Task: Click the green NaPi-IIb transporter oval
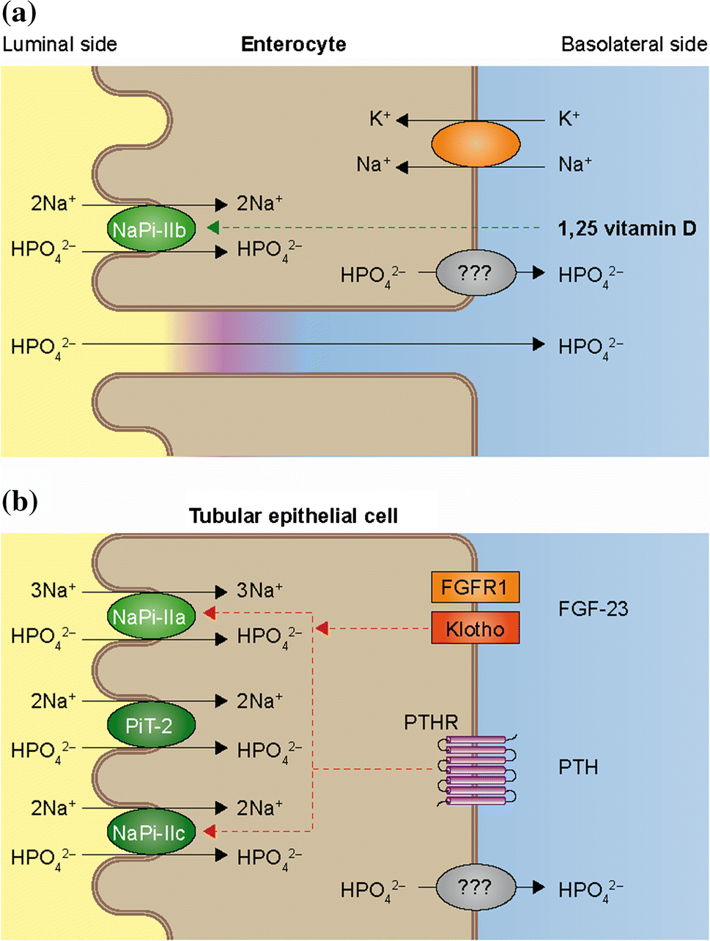point(149,230)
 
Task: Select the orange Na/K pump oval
point(476,144)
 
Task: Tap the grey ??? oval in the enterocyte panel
point(475,274)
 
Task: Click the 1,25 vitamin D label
point(626,228)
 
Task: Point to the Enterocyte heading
point(293,45)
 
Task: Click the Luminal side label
point(59,45)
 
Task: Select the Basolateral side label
point(633,45)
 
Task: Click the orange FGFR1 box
point(475,587)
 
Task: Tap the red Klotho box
point(475,628)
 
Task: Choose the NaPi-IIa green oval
point(149,617)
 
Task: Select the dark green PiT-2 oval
point(149,726)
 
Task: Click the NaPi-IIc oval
point(149,833)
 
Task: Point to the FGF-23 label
point(593,609)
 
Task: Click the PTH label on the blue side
point(578,767)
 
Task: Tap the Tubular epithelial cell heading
point(293,516)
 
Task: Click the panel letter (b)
point(19,502)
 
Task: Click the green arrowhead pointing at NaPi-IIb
point(213,228)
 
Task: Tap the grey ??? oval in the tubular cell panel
point(475,888)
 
